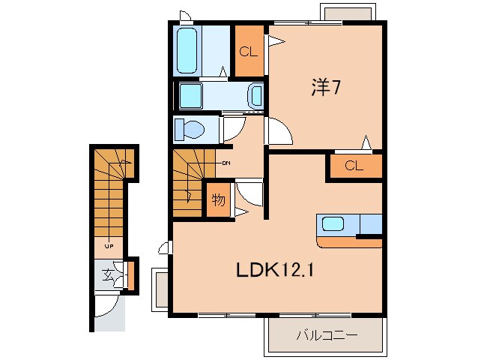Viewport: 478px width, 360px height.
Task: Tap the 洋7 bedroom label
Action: coord(327,87)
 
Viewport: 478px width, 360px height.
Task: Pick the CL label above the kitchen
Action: coord(354,166)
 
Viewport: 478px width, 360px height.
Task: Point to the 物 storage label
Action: coord(218,199)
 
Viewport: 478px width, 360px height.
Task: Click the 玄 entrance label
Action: coord(108,274)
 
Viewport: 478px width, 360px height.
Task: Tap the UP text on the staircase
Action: coord(109,246)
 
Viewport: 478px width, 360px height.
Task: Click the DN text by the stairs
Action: coord(226,162)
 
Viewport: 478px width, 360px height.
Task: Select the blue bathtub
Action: coord(187,49)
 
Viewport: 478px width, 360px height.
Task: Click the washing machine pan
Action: coord(193,95)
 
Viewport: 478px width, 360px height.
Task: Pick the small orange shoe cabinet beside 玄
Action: coord(130,274)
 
